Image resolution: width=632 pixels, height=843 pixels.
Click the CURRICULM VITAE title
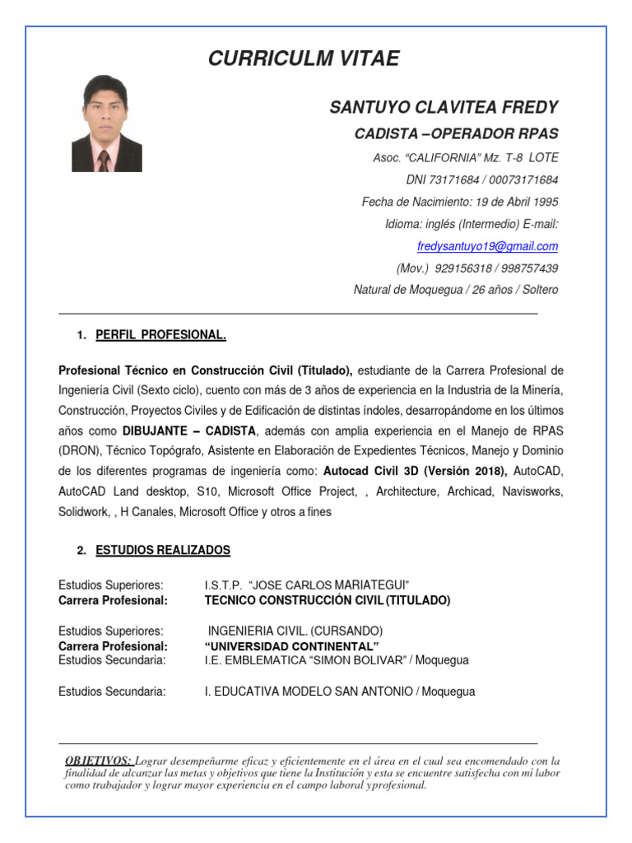click(x=304, y=58)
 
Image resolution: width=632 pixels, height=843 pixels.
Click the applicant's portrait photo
click(x=107, y=123)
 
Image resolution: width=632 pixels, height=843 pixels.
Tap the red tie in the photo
click(x=105, y=160)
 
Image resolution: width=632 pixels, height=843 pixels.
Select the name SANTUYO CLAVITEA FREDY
click(x=444, y=108)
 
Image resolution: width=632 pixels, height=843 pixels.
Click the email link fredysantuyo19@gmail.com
click(x=487, y=246)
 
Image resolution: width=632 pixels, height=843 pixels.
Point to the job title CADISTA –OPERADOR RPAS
click(x=456, y=134)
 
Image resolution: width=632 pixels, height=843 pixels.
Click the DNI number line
click(x=481, y=179)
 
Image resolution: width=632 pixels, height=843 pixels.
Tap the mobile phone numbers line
click(x=477, y=268)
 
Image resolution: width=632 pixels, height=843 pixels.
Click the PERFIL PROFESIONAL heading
click(x=160, y=335)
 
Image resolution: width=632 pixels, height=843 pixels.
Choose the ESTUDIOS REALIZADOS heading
click(x=163, y=550)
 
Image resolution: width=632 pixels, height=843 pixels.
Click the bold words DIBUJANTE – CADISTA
click(x=189, y=430)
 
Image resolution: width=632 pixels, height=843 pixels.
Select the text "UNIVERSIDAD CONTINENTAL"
click(x=291, y=645)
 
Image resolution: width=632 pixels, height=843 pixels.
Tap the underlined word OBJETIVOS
click(x=98, y=761)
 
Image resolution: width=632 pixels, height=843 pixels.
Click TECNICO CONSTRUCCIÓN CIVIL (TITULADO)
click(x=327, y=601)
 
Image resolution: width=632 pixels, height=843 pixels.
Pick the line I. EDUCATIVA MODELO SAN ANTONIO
click(x=339, y=692)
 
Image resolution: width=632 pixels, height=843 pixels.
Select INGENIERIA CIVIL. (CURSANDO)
click(x=295, y=631)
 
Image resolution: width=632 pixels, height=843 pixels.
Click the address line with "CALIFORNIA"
click(x=466, y=157)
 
